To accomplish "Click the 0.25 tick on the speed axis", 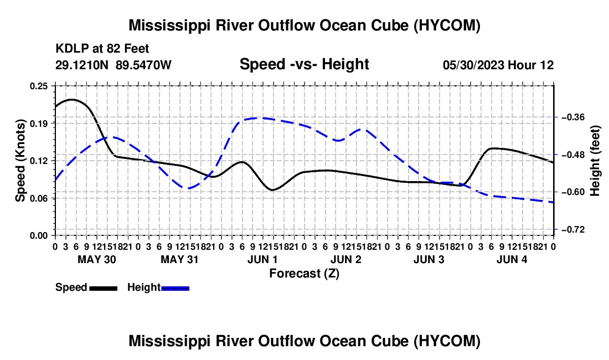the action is pyautogui.click(x=39, y=86).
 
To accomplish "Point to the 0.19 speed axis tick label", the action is pyautogui.click(x=39, y=124).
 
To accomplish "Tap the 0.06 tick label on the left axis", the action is pyautogui.click(x=39, y=198).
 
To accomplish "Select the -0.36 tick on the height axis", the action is pyautogui.click(x=571, y=117).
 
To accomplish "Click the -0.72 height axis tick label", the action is pyautogui.click(x=571, y=229).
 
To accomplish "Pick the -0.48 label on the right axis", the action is pyautogui.click(x=571, y=155).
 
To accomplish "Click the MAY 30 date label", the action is pyautogui.click(x=97, y=259).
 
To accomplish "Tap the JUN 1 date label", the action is pyautogui.click(x=262, y=259).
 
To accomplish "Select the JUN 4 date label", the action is pyautogui.click(x=512, y=259).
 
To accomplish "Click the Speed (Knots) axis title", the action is pyautogui.click(x=20, y=161).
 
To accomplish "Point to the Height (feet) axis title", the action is pyautogui.click(x=595, y=161).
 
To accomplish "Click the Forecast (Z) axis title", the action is pyautogui.click(x=304, y=274).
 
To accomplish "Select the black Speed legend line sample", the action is pyautogui.click(x=104, y=288).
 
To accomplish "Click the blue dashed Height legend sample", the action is pyautogui.click(x=175, y=288).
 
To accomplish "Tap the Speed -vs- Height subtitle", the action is pyautogui.click(x=304, y=64).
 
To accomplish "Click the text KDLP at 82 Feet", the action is pyautogui.click(x=102, y=49).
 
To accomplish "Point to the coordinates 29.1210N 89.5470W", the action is pyautogui.click(x=113, y=65).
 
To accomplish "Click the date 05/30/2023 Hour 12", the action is pyautogui.click(x=498, y=65).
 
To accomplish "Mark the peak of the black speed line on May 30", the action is pyautogui.click(x=71, y=100).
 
